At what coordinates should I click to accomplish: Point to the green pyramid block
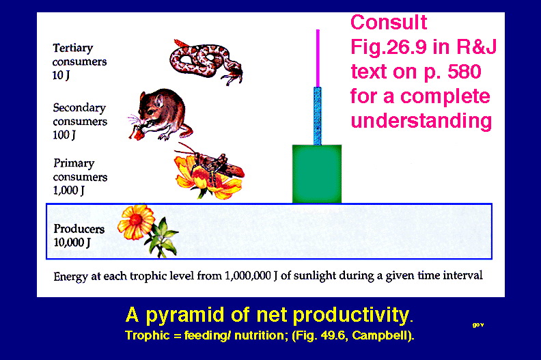[317, 174]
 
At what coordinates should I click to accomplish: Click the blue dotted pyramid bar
[318, 116]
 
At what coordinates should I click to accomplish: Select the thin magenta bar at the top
[318, 58]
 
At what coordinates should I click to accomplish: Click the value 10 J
[61, 75]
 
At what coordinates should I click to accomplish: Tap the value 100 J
[64, 135]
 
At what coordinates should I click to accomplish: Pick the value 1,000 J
[69, 190]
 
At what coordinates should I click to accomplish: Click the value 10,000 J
[72, 243]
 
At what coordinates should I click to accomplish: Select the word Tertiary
[73, 49]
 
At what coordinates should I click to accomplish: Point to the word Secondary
[79, 108]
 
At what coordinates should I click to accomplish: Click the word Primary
[74, 163]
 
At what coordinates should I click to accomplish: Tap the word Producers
[79, 228]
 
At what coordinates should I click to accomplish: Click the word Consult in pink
[389, 23]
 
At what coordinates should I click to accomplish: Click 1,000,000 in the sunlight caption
[248, 276]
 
